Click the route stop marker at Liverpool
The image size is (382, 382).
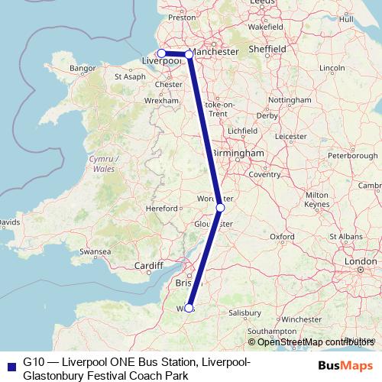(x=161, y=53)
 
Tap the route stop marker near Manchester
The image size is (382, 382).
(x=189, y=54)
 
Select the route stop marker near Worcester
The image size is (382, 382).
(x=220, y=207)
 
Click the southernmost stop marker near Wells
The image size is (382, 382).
(x=189, y=308)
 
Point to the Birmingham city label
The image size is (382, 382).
(x=238, y=153)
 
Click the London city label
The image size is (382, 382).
(x=361, y=261)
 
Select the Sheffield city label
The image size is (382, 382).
(x=267, y=49)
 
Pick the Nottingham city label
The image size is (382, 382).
(x=290, y=100)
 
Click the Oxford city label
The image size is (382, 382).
(x=282, y=237)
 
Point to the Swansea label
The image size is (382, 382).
(x=95, y=251)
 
